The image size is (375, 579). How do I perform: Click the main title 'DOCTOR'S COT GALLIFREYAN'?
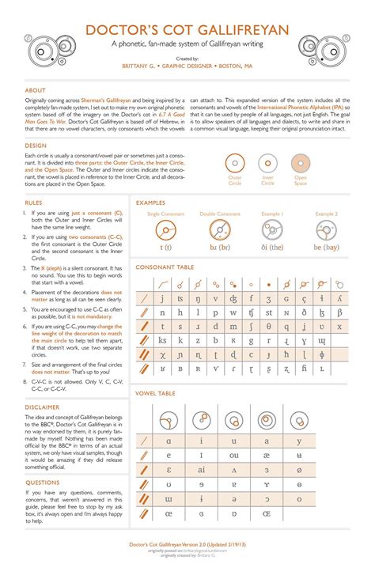click(x=187, y=29)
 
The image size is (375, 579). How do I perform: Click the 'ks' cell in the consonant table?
click(x=162, y=340)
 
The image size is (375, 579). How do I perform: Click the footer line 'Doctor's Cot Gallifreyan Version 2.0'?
click(x=187, y=545)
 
